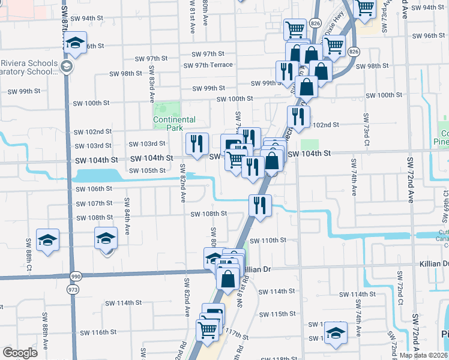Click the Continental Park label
175,124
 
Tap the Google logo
20,353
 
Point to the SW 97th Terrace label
208,65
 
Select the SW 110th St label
278,241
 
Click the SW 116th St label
96,332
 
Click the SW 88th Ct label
28,257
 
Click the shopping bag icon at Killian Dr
228,279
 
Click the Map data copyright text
423,355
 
